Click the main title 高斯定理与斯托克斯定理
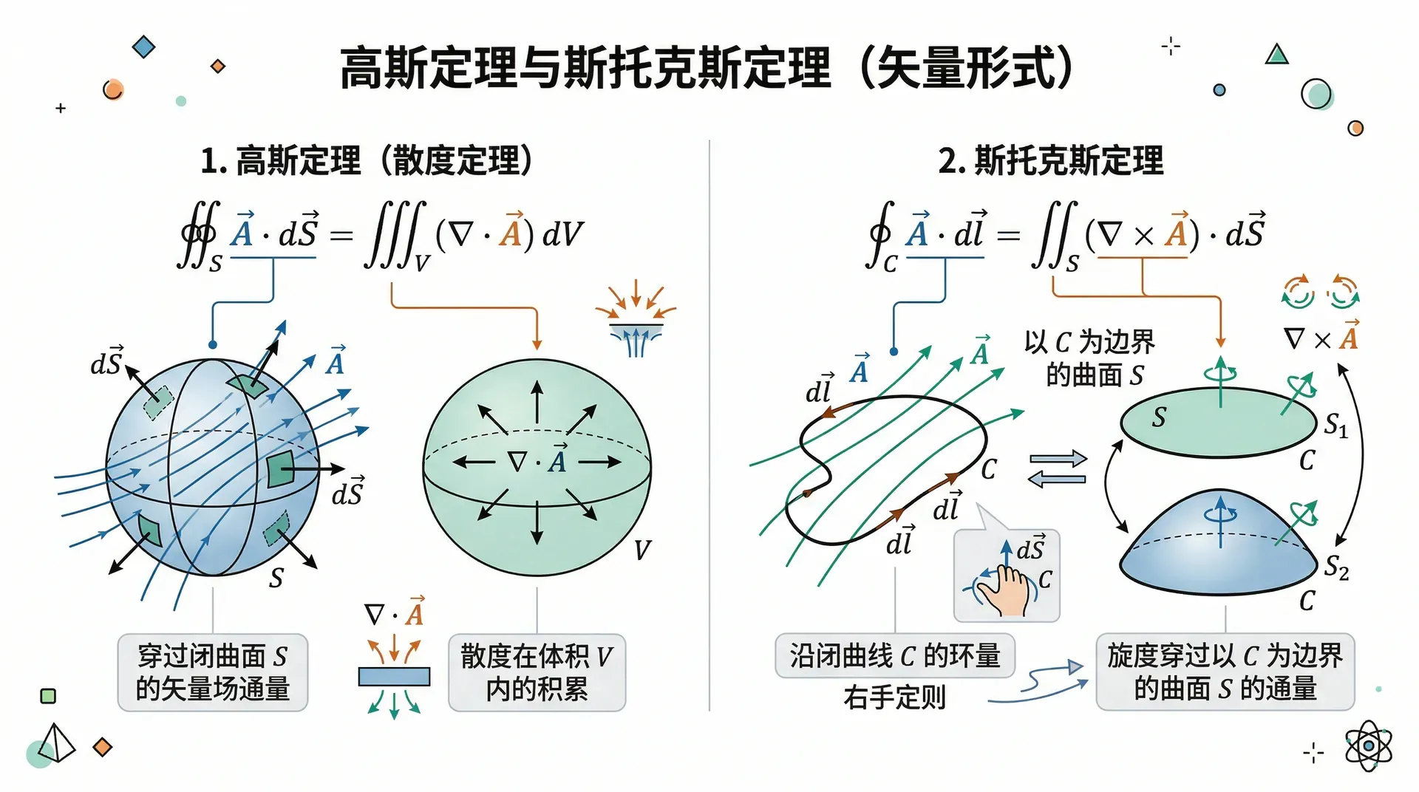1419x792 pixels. pyautogui.click(x=585, y=68)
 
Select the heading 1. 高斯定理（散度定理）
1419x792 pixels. pyautogui.click(x=367, y=160)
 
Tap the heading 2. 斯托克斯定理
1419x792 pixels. pyautogui.click(x=1051, y=160)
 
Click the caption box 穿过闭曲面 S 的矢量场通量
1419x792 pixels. pyautogui.click(x=213, y=672)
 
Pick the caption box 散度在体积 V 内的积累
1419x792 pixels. pyautogui.click(x=537, y=672)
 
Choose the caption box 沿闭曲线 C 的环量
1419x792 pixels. pyautogui.click(x=895, y=655)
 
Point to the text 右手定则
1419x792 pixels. pyautogui.click(x=895, y=697)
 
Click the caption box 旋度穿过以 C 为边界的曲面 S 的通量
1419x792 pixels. pyautogui.click(x=1225, y=672)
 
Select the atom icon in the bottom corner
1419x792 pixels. pyautogui.click(x=1368, y=746)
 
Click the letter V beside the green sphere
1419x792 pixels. pyautogui.click(x=642, y=550)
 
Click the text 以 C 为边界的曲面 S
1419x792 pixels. pyautogui.click(x=1089, y=358)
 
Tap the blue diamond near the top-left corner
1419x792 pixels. pyautogui.click(x=143, y=47)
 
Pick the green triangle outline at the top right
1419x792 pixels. pyautogui.click(x=1276, y=55)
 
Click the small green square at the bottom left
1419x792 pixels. pyautogui.click(x=48, y=696)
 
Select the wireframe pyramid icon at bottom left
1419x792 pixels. pyautogui.click(x=57, y=742)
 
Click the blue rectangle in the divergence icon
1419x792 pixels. pyautogui.click(x=394, y=677)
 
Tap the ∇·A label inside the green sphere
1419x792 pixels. pyautogui.click(x=537, y=460)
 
